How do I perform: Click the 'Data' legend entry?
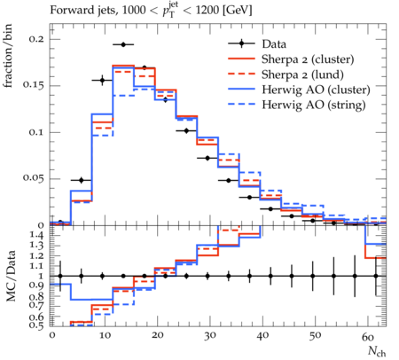click(274, 44)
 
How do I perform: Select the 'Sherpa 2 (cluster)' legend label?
click(308, 59)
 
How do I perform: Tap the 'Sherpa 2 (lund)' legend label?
click(302, 74)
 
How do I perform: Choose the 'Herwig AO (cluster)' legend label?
click(316, 90)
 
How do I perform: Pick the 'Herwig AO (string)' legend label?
click(314, 105)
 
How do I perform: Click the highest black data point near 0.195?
click(123, 44)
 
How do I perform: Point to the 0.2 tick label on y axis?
click(36, 39)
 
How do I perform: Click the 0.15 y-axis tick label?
click(34, 85)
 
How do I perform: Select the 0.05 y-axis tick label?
click(34, 178)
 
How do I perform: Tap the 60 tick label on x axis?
click(368, 336)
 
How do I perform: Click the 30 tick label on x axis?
click(210, 336)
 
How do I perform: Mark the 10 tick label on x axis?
click(105, 336)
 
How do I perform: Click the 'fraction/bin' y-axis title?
click(8, 56)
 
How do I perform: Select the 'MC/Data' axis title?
click(11, 276)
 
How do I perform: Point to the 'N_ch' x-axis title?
click(377, 351)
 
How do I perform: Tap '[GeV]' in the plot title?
click(238, 11)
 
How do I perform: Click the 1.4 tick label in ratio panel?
click(37, 235)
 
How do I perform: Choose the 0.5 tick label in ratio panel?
click(37, 325)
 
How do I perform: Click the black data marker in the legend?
click(241, 44)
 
